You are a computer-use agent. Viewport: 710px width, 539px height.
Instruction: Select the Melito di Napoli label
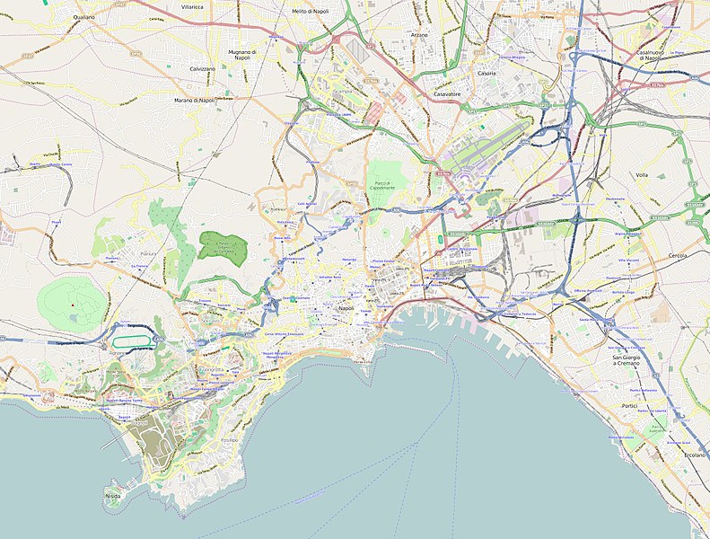point(311,11)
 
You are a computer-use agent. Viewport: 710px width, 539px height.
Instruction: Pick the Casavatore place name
point(446,93)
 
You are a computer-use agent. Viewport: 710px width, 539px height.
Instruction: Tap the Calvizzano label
point(203,69)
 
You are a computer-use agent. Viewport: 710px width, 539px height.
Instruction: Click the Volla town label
point(641,175)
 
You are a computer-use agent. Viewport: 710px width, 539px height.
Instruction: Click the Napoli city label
point(346,308)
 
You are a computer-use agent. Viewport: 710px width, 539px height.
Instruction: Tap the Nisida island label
point(113,494)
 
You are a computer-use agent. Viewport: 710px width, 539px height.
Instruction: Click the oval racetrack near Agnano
point(134,341)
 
